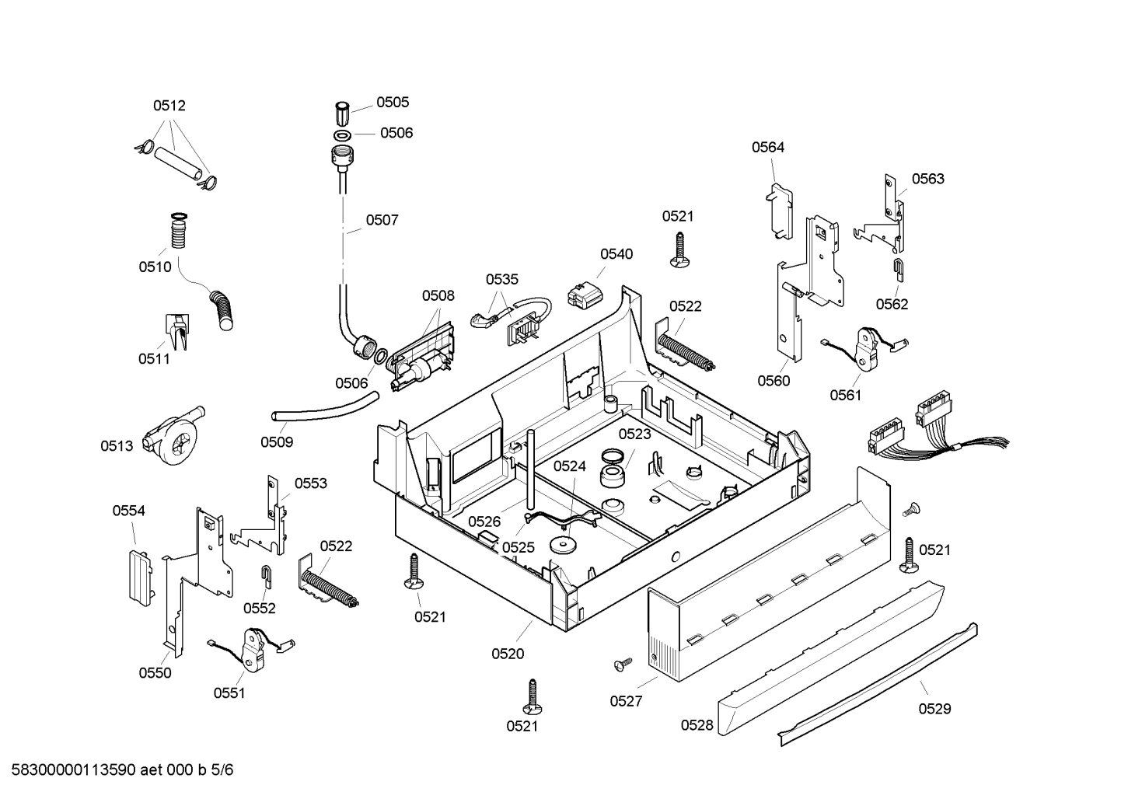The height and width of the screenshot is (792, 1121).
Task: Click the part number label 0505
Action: tap(393, 103)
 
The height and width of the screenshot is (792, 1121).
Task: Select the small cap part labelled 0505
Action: tap(343, 113)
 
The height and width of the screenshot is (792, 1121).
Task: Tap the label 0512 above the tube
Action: tap(169, 106)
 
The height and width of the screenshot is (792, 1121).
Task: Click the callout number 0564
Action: tap(767, 147)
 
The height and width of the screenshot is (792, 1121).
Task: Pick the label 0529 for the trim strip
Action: tap(934, 709)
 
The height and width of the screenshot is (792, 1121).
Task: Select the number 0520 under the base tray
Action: tap(508, 654)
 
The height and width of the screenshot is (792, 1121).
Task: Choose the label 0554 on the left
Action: tap(128, 511)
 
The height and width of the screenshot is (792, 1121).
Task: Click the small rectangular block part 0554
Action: tap(140, 576)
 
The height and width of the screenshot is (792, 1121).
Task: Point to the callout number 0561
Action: tap(846, 396)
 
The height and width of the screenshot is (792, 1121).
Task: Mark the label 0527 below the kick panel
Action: tap(626, 701)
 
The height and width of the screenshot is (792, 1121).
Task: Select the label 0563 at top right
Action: tap(927, 179)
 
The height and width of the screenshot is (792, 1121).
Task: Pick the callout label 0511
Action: tap(154, 358)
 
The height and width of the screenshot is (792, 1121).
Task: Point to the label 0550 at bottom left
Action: tap(155, 673)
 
